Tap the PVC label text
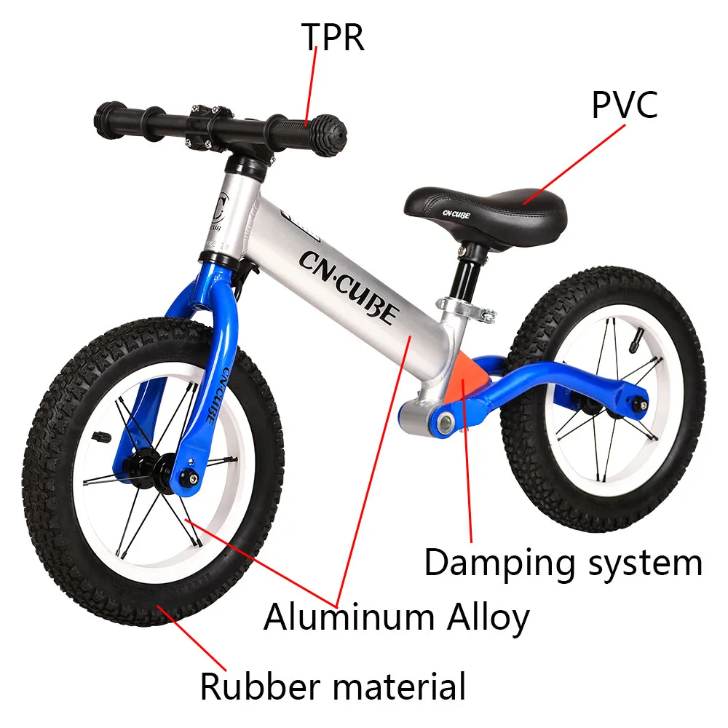pos(624,105)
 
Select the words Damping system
pos(563,563)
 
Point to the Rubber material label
pos(333,687)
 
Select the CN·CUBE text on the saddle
pos(456,215)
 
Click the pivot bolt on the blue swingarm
pos(442,422)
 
